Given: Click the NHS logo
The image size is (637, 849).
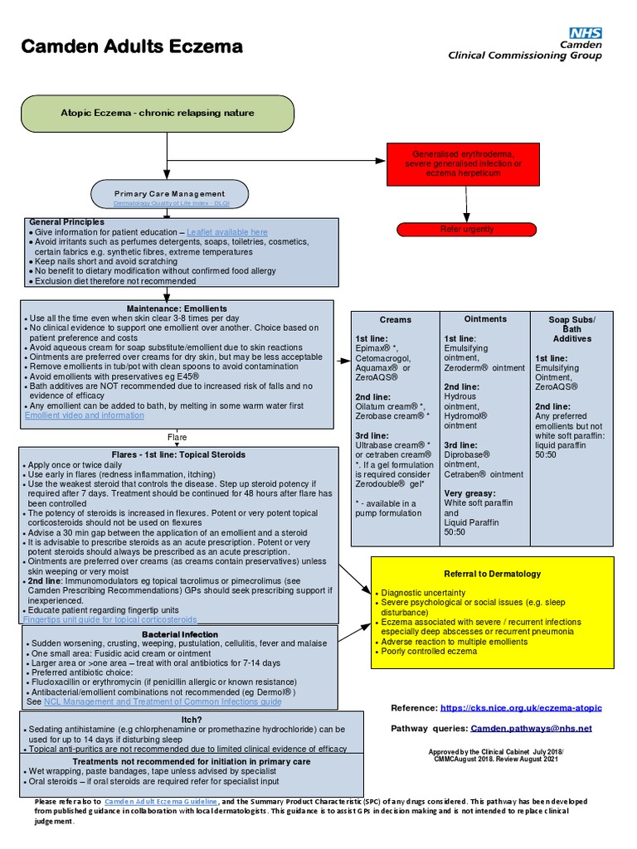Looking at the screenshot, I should click(586, 33).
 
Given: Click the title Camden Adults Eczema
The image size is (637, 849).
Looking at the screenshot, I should click(131, 46).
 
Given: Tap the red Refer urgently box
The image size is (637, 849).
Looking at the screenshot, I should click(467, 229).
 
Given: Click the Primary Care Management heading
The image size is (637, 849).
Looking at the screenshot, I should click(169, 194).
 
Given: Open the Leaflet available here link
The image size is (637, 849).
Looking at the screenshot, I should click(227, 232).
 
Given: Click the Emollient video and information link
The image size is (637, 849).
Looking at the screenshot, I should click(85, 415).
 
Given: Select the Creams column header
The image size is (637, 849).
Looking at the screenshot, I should click(395, 319).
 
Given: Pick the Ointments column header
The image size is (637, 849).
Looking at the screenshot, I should click(485, 318).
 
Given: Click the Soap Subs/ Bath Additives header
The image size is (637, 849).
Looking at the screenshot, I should click(571, 328).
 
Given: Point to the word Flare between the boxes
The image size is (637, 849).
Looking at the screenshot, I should click(177, 437).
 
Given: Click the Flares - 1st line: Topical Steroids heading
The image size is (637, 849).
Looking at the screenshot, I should click(178, 454).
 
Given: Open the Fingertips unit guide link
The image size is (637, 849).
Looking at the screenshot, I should click(109, 619).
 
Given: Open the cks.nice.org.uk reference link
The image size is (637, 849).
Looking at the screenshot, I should click(522, 708).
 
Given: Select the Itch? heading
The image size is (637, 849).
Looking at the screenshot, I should click(192, 719).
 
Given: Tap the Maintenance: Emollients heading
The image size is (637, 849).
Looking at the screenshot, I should click(177, 308).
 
